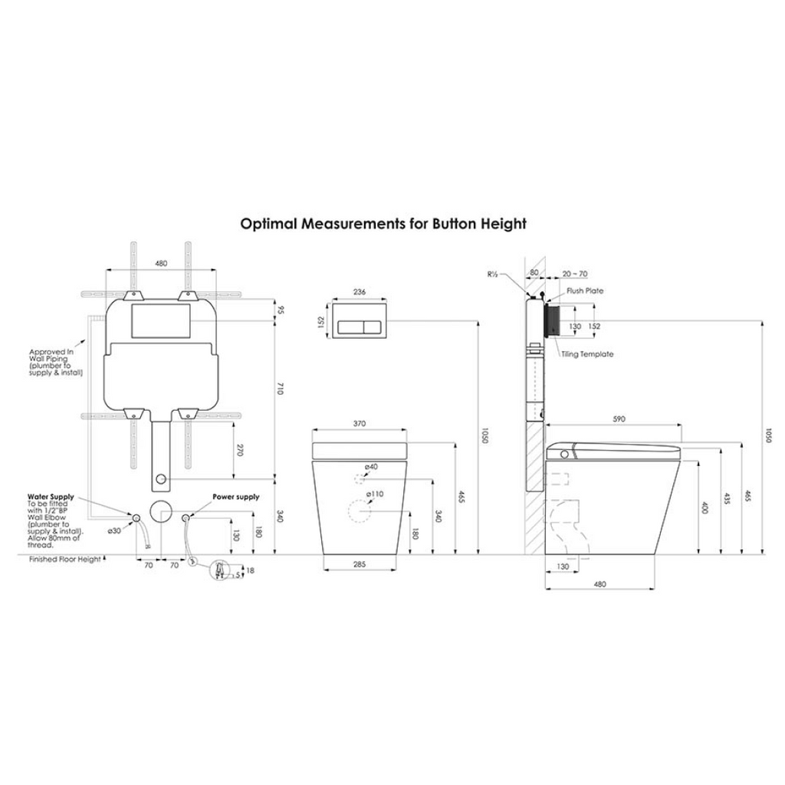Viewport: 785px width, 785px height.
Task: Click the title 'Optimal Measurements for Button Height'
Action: tap(383, 224)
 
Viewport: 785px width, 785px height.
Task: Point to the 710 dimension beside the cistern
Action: tap(281, 390)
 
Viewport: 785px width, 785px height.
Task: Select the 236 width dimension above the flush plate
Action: tap(360, 292)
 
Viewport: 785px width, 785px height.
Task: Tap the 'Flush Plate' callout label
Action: tap(585, 291)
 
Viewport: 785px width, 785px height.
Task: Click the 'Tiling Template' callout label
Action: tap(586, 354)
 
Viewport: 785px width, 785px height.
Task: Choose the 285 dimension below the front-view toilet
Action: tap(360, 564)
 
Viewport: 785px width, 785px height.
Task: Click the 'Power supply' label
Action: tap(235, 497)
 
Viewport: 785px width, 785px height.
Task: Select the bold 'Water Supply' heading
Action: tap(51, 497)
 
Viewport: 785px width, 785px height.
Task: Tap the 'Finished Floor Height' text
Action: tap(65, 560)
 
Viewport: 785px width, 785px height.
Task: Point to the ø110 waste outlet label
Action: tap(374, 494)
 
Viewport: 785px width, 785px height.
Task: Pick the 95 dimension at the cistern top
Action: tap(281, 310)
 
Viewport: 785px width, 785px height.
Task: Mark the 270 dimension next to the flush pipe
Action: tap(240, 451)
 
